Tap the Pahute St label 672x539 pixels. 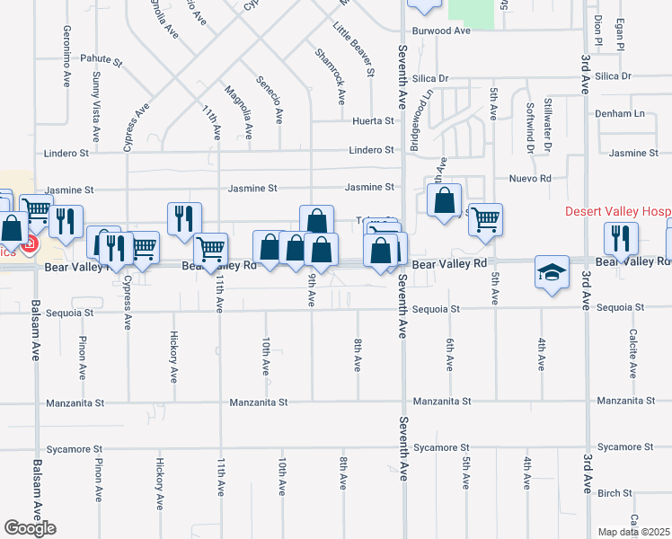click(x=101, y=60)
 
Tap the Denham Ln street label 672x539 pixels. click(x=620, y=114)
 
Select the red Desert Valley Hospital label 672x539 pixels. click(x=617, y=212)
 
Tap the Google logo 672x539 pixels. click(x=30, y=528)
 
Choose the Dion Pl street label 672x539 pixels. click(x=597, y=30)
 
